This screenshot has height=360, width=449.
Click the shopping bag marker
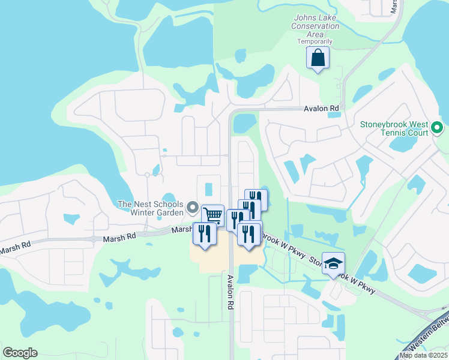[318, 59]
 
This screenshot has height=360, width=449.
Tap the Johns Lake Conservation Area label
[315, 26]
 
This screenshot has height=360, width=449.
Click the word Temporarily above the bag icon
[315, 42]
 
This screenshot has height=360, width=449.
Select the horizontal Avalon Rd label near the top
[322, 109]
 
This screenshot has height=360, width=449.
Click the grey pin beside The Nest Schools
[193, 208]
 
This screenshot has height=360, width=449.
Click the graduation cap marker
[333, 263]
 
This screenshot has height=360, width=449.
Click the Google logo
[20, 352]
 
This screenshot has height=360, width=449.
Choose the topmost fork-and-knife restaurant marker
[256, 199]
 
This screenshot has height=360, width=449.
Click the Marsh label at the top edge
[394, 6]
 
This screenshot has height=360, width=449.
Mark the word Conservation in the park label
[315, 26]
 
